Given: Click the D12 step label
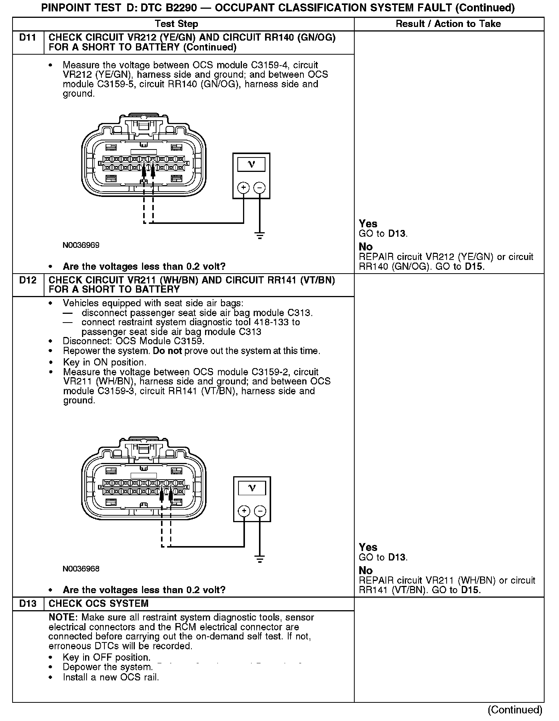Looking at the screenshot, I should pyautogui.click(x=28, y=280).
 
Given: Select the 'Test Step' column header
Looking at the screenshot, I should pyautogui.click(x=177, y=24).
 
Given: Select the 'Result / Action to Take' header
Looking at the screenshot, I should pyautogui.click(x=448, y=24).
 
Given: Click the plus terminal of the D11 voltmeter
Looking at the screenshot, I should pyautogui.click(x=243, y=187).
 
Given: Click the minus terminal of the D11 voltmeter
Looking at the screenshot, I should pyautogui.click(x=259, y=187).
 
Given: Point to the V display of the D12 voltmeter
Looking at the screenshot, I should pyautogui.click(x=252, y=488).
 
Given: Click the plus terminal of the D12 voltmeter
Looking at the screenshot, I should pyautogui.click(x=244, y=511).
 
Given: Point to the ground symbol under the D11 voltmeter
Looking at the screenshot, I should pyautogui.click(x=260, y=236).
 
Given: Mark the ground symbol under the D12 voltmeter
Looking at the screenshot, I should pyautogui.click(x=260, y=559).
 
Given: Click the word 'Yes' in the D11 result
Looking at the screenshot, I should pyautogui.click(x=368, y=224).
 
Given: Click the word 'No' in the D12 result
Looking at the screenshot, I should pyautogui.click(x=366, y=570).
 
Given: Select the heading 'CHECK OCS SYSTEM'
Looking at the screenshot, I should pyautogui.click(x=99, y=604).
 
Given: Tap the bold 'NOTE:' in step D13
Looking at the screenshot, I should pyautogui.click(x=63, y=617).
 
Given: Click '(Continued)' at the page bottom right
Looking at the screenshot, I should pyautogui.click(x=515, y=710).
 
